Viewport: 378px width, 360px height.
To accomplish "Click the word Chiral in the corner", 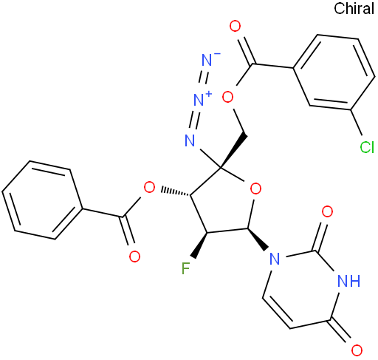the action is [x=354, y=8].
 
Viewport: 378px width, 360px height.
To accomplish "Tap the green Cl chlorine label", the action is [x=367, y=148].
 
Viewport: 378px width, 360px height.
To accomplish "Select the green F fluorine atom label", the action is [x=186, y=268].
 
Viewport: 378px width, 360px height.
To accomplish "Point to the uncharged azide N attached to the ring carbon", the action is [x=190, y=140].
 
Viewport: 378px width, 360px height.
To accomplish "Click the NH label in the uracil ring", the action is [x=349, y=281].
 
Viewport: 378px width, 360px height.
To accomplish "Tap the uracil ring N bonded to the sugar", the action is [x=275, y=259].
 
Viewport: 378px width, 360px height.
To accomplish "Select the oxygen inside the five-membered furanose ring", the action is [x=255, y=189].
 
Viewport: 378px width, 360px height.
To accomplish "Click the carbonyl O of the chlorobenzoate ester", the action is [x=235, y=26].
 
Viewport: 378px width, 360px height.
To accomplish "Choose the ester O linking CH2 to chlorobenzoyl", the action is [x=227, y=97].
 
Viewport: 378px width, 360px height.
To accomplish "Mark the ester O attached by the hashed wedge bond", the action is [x=149, y=188].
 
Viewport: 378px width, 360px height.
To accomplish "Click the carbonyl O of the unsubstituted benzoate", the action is [x=134, y=257].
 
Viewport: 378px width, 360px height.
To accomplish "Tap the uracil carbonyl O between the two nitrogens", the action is [x=327, y=211].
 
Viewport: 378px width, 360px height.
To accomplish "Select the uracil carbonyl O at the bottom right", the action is [x=357, y=350].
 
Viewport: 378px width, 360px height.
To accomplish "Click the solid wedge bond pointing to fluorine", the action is [x=200, y=245].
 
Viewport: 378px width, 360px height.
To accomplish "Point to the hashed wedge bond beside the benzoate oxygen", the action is [x=176, y=191].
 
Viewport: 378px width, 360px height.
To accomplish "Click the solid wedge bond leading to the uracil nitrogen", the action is [x=258, y=240].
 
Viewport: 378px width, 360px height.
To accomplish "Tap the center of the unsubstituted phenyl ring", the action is [x=42, y=200].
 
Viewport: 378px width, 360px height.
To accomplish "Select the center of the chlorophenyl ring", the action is [x=334, y=72].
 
